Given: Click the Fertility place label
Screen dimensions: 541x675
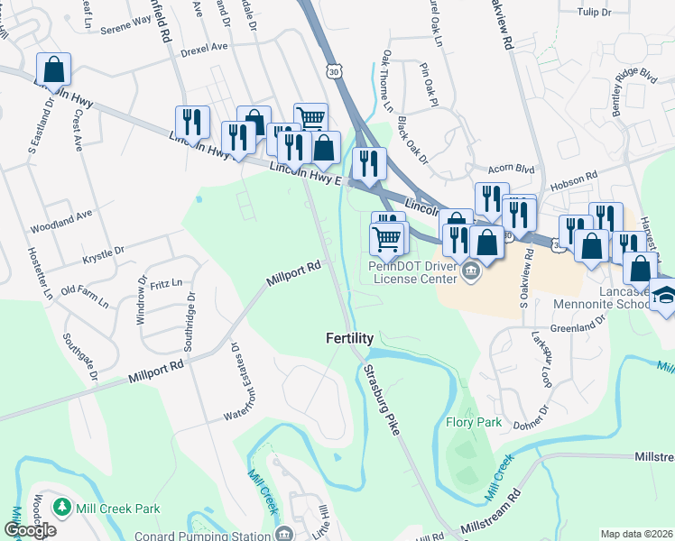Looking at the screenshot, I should coord(350,338).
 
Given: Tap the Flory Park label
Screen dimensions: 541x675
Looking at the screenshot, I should coord(474,422).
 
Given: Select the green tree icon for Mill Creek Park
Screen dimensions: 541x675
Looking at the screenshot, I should coord(61,509).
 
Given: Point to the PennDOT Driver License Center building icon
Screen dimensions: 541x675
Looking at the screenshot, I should coord(470,270).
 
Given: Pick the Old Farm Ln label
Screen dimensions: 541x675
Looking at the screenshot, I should coord(88,290).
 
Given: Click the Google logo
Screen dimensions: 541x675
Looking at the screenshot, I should coord(30,530).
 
